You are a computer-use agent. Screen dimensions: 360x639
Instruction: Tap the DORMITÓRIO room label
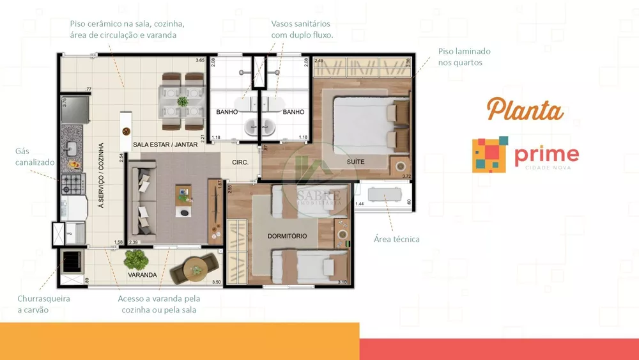click(287, 236)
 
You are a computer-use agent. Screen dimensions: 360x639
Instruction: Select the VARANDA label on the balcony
click(142, 275)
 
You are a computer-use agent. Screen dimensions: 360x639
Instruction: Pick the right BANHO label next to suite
click(293, 112)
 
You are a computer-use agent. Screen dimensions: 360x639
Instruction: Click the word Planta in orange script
click(525, 110)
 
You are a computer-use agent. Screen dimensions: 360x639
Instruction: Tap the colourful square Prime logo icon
click(490, 154)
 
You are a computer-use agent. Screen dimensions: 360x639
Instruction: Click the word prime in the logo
click(546, 154)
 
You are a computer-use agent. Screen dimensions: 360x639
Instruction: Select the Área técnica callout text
click(396, 239)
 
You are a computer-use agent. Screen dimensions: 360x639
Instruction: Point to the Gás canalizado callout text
click(35, 157)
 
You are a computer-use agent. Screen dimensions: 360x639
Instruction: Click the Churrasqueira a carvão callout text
click(43, 304)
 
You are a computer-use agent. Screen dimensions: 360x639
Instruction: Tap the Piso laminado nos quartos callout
click(464, 57)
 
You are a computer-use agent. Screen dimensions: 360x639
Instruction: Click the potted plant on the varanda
click(135, 259)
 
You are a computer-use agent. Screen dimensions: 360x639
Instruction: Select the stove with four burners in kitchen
click(70, 186)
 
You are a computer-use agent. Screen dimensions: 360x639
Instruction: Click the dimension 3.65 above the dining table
click(199, 61)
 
